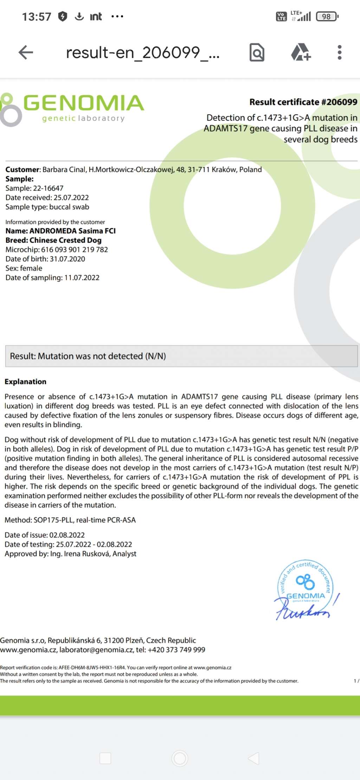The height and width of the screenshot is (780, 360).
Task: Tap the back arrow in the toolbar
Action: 26,52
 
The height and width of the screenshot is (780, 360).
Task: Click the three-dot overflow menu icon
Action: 339,52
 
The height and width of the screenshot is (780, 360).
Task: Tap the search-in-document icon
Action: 257,52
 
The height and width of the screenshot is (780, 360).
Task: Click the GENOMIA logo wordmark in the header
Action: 84,103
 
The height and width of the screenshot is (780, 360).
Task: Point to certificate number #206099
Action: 339,102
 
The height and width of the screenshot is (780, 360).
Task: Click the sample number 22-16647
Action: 48,188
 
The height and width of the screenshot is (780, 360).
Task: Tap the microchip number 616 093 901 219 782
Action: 75,250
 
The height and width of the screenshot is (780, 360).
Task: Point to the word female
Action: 31,268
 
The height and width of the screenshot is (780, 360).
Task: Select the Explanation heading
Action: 25,382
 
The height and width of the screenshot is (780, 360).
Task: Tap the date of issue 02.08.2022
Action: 67,535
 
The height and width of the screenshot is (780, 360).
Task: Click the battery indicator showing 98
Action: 327,17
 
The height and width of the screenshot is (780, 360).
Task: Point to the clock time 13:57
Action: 37,17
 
